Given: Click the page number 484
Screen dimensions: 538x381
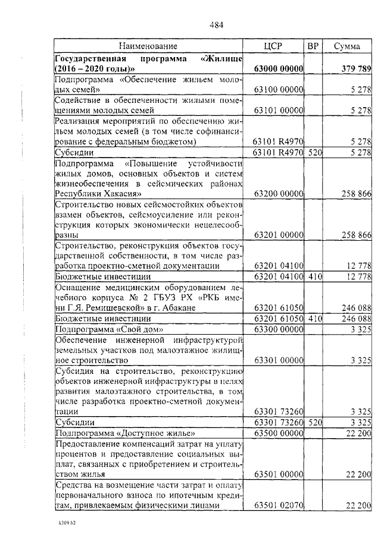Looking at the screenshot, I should click(x=217, y=24).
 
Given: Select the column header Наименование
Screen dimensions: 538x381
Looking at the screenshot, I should click(x=148, y=46).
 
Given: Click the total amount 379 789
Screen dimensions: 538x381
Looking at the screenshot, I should click(x=356, y=69).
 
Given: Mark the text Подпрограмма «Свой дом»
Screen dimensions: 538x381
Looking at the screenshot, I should click(x=109, y=329).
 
